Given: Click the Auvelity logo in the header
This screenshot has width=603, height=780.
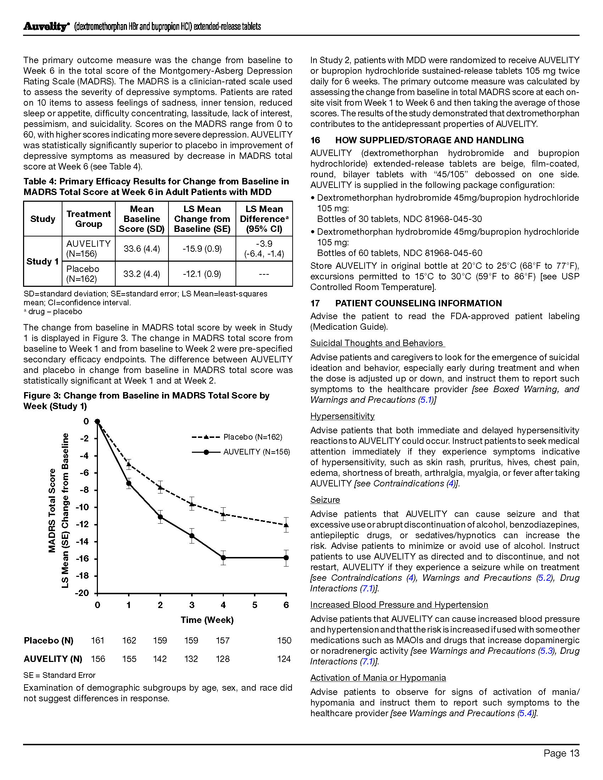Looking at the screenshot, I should [45, 27].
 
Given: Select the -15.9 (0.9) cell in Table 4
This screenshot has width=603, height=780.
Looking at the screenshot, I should [202, 249].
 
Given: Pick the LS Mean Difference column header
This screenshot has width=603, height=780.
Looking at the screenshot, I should [264, 219].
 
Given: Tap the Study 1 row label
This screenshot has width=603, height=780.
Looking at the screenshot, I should [43, 261].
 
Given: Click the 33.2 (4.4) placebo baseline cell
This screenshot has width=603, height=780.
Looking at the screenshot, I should [142, 274].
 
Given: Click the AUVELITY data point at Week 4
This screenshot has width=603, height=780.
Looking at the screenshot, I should [223, 557].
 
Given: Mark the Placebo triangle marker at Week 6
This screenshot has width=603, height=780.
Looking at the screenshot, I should [286, 525].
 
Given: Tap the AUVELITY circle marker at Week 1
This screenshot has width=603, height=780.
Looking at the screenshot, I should [129, 484].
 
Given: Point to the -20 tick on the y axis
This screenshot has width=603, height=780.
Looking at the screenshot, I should [82, 593].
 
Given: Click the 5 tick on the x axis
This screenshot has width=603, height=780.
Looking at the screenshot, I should [255, 605].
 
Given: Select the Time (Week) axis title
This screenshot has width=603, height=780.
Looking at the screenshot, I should [207, 620].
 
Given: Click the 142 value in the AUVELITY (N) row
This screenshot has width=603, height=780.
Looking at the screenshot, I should [160, 659].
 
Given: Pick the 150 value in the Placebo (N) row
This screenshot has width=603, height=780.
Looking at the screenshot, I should [284, 641].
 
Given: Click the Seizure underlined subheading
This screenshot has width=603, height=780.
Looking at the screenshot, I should [325, 500].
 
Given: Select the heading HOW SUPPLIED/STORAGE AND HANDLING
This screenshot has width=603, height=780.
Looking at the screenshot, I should [430, 140].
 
